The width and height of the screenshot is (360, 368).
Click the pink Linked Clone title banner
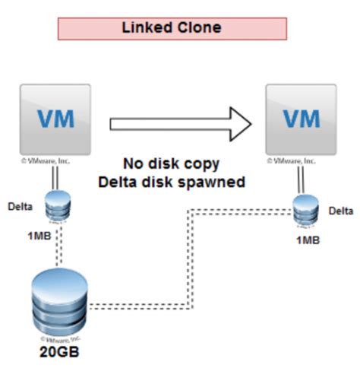tap(172, 28)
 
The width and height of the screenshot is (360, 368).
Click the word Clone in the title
tap(201, 28)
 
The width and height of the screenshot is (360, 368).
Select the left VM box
tap(55, 120)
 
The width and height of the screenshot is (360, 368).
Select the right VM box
tap(302, 120)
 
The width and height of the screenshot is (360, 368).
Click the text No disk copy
tap(171, 163)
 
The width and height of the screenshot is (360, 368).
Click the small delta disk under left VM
tap(55, 206)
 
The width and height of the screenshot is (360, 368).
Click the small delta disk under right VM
tap(303, 212)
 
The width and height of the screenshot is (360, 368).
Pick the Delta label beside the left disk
tap(21, 205)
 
